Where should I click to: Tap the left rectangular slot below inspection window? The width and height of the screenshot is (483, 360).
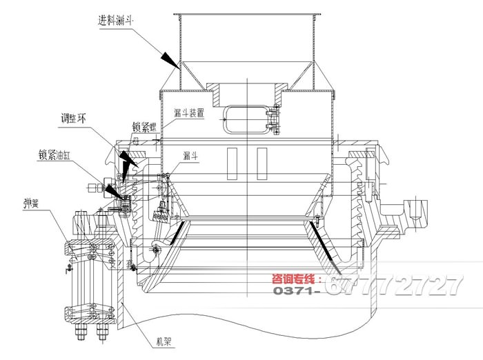coord(228,160)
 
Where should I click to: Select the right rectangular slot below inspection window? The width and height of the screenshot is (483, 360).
coord(262,160)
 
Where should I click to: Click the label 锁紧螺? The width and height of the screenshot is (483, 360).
coord(146,127)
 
